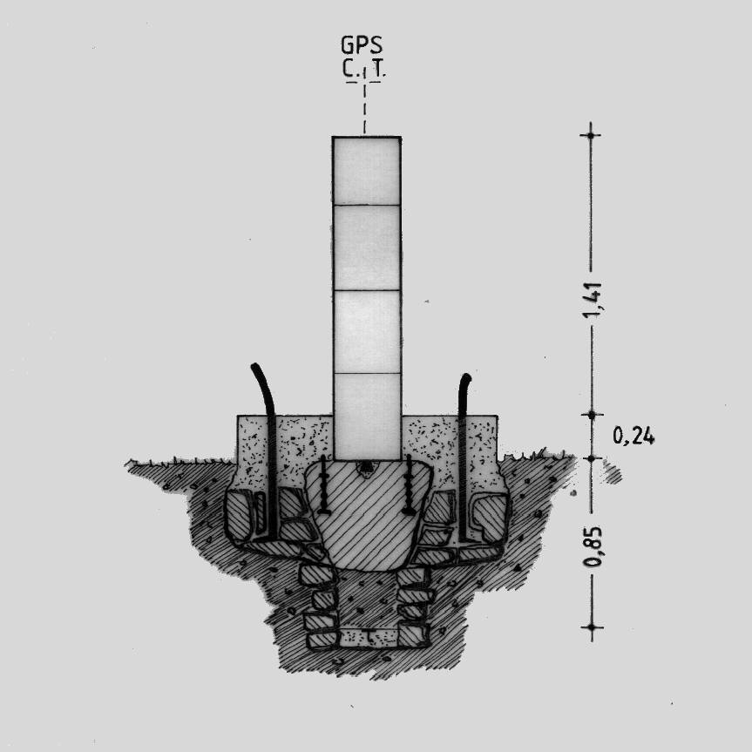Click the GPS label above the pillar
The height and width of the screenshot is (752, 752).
click(362, 45)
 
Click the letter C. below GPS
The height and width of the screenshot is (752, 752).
click(349, 69)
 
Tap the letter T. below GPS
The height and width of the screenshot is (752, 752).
click(379, 69)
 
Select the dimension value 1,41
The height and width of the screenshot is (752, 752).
click(593, 300)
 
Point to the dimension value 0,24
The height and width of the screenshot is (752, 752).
click(633, 436)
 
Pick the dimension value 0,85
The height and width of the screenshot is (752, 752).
click(593, 546)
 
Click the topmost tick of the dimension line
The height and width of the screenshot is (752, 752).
click(591, 136)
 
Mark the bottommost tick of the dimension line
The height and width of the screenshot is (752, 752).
click(592, 627)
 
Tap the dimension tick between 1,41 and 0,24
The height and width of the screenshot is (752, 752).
click(592, 414)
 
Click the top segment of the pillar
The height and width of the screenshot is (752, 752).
click(366, 171)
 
